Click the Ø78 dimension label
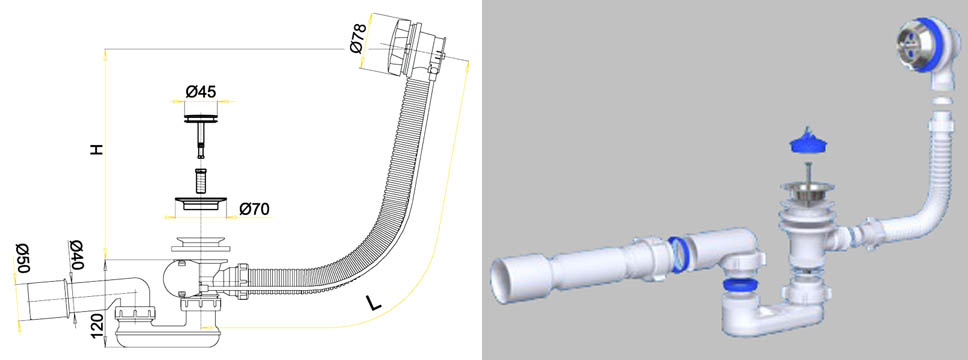click(x=358, y=38)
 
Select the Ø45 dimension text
click(x=201, y=91)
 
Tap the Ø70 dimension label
click(x=254, y=209)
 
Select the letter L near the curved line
click(x=373, y=303)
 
